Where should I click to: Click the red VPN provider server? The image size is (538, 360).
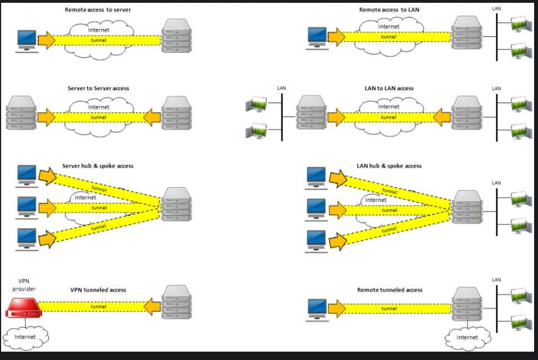(23, 308)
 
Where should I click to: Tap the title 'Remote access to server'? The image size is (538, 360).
(98, 10)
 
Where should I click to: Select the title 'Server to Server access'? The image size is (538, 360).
(98, 88)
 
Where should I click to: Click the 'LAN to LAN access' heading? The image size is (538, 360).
(389, 88)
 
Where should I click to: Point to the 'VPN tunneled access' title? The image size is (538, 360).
(98, 290)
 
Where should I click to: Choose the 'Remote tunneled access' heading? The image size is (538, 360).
(390, 290)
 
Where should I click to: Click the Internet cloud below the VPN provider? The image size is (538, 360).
(26, 338)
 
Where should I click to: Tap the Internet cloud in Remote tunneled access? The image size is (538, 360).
(468, 338)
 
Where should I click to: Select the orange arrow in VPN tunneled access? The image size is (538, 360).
(152, 307)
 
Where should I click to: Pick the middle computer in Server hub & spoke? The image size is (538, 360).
(27, 208)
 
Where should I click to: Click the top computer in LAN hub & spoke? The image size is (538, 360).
(317, 178)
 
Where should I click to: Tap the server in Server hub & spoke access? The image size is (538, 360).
(177, 204)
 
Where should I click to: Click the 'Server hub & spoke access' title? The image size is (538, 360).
(98, 166)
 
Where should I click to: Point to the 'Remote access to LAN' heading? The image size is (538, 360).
(389, 10)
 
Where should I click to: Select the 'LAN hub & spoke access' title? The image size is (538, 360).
(389, 166)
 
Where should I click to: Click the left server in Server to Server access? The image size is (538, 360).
(21, 113)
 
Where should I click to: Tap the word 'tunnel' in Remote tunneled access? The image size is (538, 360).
(389, 308)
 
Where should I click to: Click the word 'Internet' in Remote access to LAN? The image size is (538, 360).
(389, 27)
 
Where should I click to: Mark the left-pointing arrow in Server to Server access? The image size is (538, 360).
(152, 117)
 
